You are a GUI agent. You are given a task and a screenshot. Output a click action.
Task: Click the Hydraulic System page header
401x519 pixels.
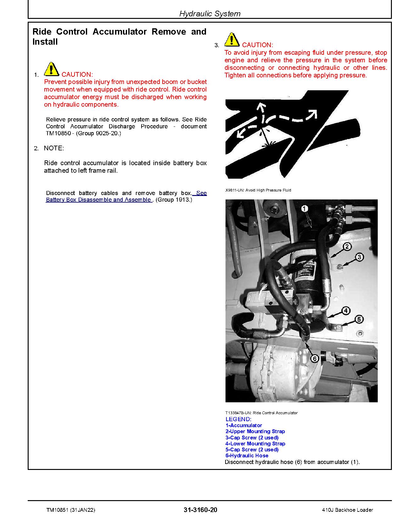point(210,14)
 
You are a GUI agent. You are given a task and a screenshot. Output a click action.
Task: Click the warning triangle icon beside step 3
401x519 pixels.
point(232,40)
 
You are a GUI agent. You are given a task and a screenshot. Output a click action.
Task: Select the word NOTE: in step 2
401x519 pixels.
point(54,148)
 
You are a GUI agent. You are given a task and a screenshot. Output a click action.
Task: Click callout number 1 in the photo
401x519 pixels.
point(305,209)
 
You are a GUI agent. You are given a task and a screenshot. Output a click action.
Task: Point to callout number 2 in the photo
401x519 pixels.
point(347,246)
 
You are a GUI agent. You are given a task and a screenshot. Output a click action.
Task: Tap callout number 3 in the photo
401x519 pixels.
point(359,257)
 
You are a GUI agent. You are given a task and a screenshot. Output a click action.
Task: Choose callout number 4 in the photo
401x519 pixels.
point(346,311)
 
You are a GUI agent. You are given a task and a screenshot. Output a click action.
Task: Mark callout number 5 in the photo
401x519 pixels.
point(359,320)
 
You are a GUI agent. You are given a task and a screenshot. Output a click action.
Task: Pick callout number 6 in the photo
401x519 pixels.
point(314,358)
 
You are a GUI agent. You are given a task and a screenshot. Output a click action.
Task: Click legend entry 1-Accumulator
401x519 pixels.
point(244,425)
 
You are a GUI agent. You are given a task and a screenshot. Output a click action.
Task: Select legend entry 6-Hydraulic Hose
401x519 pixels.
point(247,455)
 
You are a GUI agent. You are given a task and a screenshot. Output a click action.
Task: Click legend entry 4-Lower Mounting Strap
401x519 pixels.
point(255,444)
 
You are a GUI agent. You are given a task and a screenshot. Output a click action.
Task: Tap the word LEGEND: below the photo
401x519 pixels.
point(238,419)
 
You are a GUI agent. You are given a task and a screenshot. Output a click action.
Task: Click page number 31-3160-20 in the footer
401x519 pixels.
point(200,510)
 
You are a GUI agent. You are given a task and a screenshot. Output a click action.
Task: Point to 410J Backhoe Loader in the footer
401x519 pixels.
point(348,510)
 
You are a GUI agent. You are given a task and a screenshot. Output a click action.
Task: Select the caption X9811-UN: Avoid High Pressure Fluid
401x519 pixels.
point(258,190)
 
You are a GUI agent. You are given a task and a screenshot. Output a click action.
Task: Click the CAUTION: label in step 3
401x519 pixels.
point(257,45)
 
